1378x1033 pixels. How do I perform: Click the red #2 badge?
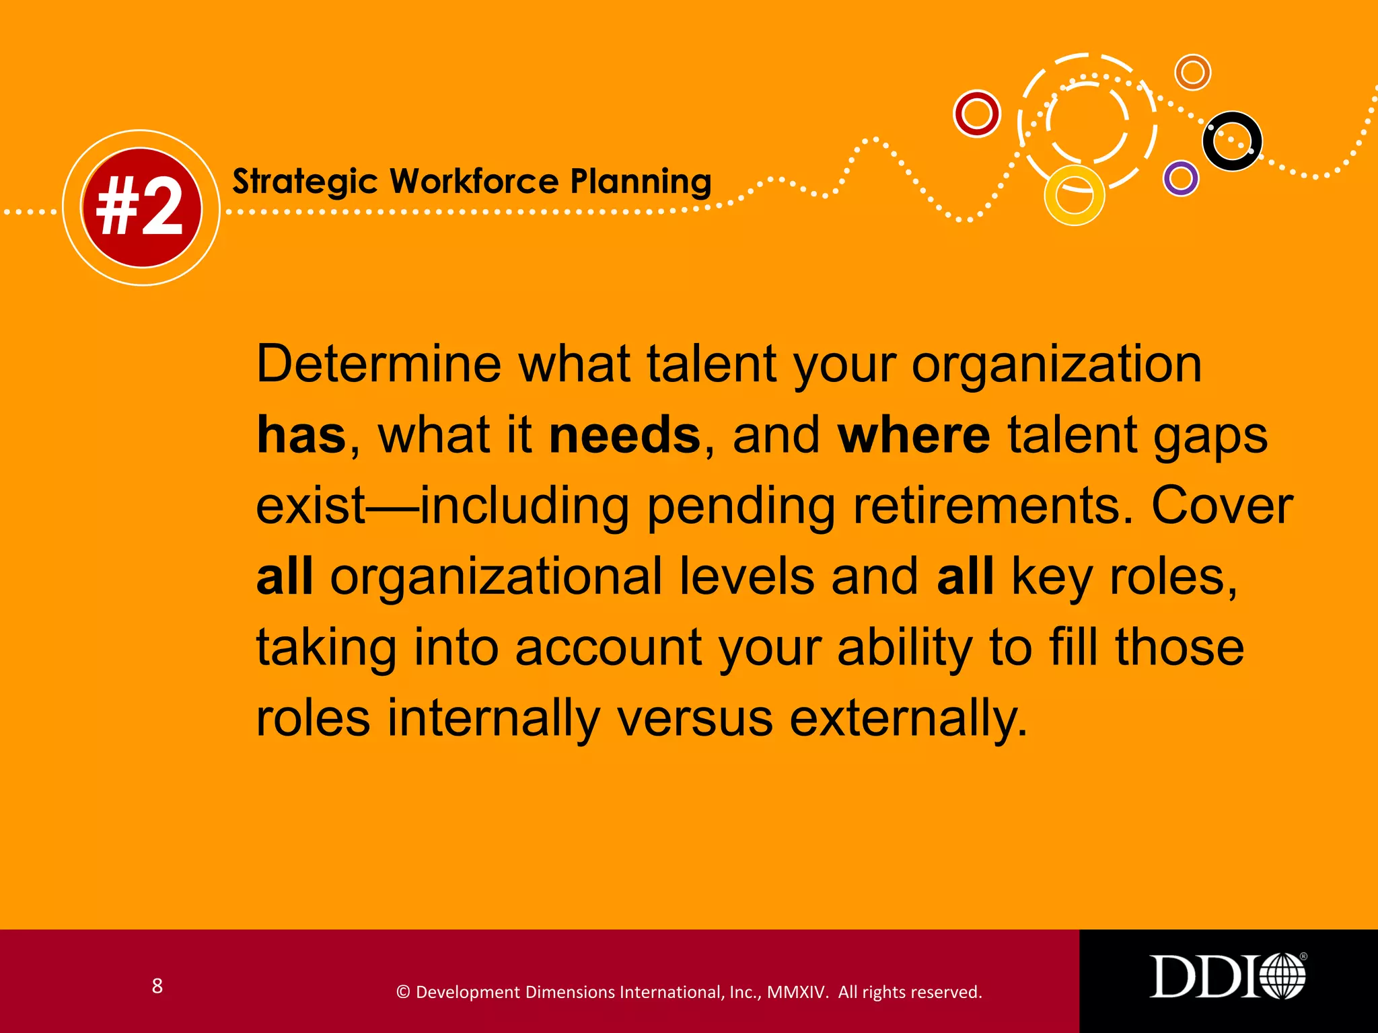[x=141, y=208]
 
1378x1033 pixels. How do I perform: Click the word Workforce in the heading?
[x=474, y=182]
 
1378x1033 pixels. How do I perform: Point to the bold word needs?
[x=624, y=435]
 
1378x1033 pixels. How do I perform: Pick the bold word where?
[x=913, y=435]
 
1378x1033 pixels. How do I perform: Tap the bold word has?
[x=301, y=435]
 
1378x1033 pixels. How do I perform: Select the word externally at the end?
[x=908, y=718]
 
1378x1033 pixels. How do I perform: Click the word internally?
[x=493, y=718]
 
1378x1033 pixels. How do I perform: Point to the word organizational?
[x=496, y=577]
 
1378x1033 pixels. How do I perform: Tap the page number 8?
[x=157, y=986]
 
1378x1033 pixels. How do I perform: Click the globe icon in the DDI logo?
[x=1282, y=977]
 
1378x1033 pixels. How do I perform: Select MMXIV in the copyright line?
[x=797, y=993]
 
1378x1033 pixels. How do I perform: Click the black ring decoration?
[x=1232, y=141]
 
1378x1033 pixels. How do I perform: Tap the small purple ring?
[x=1181, y=178]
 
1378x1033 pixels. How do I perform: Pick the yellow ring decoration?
[x=1074, y=195]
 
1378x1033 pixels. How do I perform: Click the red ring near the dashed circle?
[x=977, y=114]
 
